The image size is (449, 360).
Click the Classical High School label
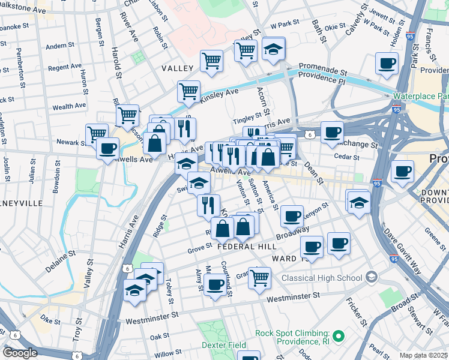click(322, 278)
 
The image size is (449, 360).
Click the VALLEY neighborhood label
click(177, 69)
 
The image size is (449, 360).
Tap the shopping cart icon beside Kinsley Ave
click(188, 92)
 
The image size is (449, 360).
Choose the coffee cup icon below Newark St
click(107, 149)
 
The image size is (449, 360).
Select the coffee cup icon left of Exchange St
click(332, 133)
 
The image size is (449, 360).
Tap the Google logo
click(20, 353)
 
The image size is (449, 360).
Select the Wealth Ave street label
click(70, 107)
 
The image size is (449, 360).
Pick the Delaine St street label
click(59, 263)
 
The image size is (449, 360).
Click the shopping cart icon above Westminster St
click(259, 277)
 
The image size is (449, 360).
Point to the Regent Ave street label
click(64, 67)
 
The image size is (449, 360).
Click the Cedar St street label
click(346, 158)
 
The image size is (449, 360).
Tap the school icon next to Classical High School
click(372, 277)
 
